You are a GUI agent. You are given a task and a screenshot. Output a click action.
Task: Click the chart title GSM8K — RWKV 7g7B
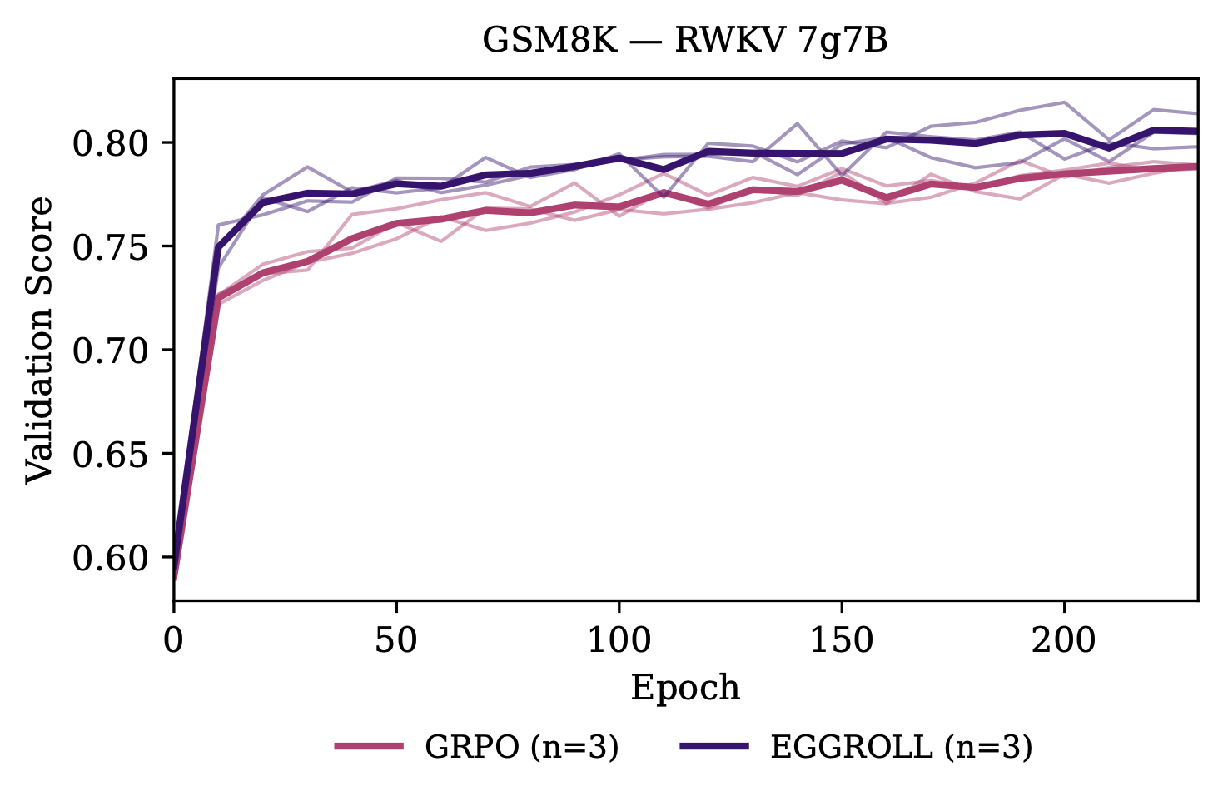684,41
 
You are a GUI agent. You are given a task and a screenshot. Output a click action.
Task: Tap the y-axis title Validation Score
38,340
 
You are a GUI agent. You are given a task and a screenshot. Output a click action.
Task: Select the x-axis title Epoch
684,689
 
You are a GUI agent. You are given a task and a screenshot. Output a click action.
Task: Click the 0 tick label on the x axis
173,640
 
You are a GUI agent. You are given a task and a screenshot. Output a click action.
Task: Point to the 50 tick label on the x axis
395,640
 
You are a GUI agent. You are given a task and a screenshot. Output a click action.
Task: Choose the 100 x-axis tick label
619,640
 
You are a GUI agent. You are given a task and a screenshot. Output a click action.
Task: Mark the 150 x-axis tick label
842,640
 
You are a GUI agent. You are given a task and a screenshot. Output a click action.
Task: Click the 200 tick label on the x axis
1064,640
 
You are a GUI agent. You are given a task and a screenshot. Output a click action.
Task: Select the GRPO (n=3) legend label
521,747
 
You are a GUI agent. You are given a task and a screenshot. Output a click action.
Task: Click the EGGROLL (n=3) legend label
901,747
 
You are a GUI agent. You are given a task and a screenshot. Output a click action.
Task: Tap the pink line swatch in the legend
369,747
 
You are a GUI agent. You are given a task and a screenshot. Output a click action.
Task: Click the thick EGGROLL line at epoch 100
619,158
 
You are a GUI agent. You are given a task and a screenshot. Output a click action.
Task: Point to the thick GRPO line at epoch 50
395,223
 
